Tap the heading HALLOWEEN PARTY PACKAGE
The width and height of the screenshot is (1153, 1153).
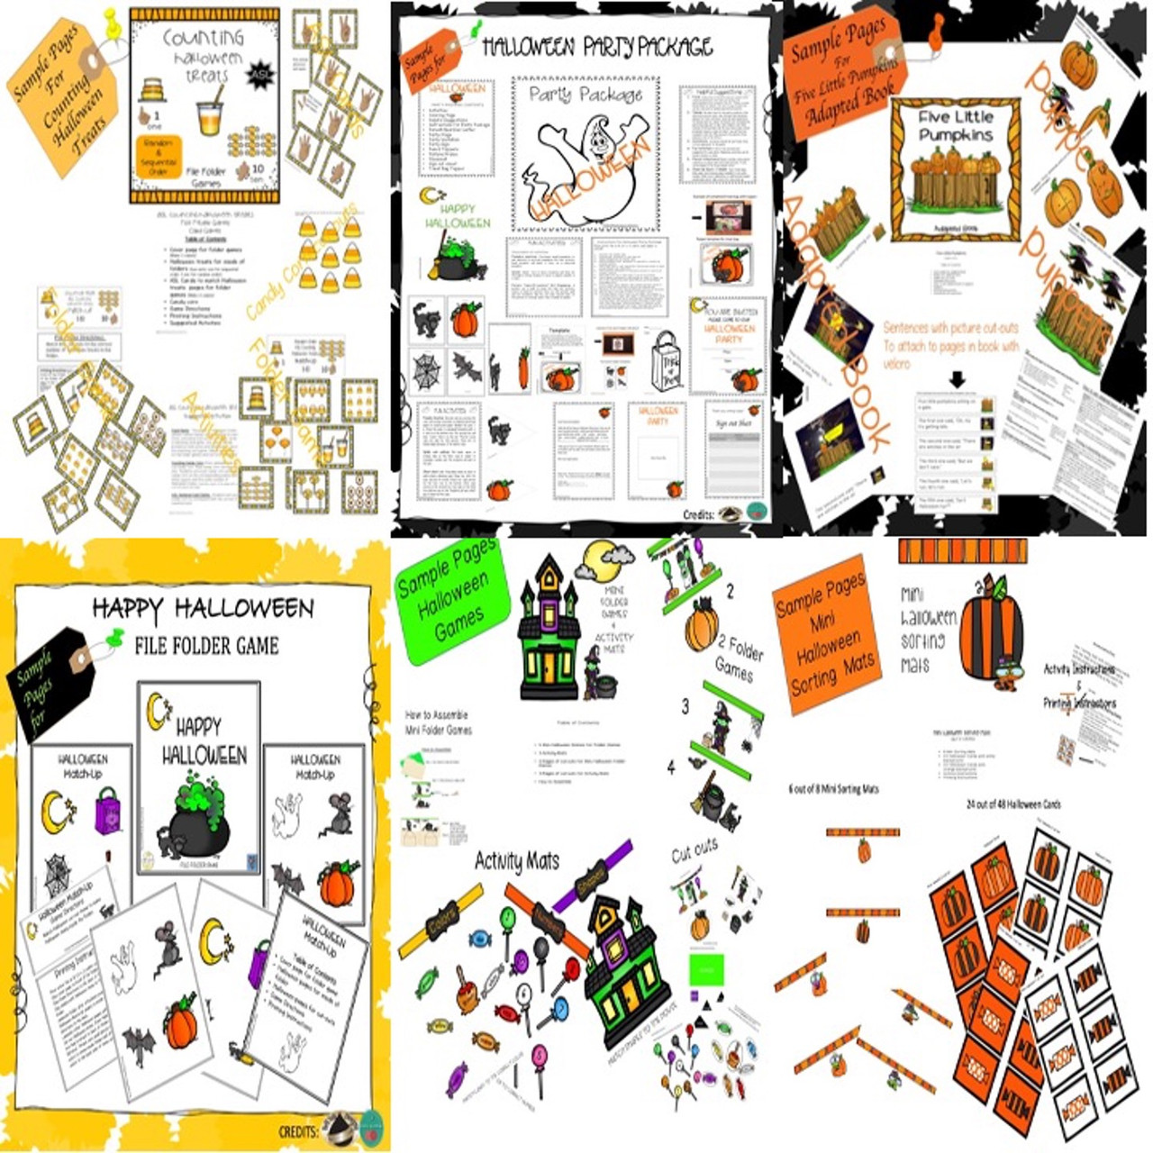597,47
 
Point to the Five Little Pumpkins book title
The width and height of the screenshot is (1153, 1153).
956,126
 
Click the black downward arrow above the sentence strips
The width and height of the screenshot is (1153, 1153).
957,380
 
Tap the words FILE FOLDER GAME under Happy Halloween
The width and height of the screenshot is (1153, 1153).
206,645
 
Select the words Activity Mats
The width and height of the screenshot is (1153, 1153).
516,862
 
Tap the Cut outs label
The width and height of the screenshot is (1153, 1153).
695,849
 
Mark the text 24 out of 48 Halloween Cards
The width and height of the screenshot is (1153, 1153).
1012,803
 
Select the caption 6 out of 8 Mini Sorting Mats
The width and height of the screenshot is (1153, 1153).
833,789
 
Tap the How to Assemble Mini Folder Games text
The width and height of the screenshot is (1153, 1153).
439,722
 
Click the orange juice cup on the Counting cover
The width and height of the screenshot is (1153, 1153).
209,118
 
